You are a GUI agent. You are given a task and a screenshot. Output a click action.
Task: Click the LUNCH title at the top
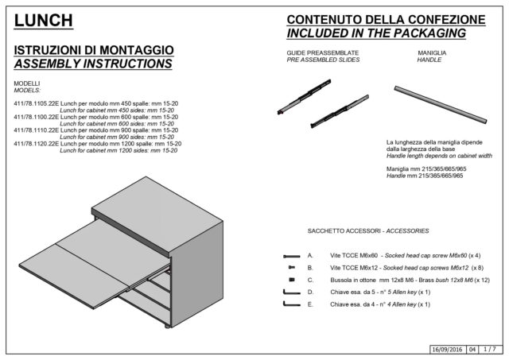point(44,21)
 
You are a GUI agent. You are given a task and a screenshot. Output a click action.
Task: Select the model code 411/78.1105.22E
point(37,104)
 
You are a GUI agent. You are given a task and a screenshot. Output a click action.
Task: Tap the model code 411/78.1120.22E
point(37,144)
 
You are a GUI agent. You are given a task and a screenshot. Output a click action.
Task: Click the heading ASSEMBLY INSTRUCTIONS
point(93,64)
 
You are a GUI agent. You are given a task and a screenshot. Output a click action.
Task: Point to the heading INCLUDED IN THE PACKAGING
point(376,33)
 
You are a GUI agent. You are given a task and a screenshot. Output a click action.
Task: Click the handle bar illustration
point(441,104)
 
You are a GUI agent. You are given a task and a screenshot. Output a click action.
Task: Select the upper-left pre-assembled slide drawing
point(304,97)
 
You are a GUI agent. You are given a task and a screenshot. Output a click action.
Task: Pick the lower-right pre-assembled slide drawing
point(340,111)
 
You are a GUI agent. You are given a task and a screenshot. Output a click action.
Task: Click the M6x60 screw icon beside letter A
point(292,256)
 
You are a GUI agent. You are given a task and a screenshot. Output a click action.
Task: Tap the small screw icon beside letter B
point(292,268)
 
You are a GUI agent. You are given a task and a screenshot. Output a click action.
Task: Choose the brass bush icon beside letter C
point(292,280)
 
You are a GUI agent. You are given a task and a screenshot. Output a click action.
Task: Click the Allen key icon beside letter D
point(292,292)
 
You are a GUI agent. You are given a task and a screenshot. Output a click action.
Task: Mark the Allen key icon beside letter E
point(292,304)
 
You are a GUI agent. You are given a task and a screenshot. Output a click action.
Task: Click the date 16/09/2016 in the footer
point(447,350)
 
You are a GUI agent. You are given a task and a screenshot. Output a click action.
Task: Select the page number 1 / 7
point(490,350)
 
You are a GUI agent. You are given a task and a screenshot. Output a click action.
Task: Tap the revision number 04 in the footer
point(472,350)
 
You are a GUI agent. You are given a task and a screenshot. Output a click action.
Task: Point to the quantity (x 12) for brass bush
point(482,281)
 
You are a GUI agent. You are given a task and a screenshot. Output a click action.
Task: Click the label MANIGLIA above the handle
point(432,53)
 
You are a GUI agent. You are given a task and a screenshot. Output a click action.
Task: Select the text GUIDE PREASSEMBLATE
point(323,53)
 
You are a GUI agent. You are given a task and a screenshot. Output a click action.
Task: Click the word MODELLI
point(27,83)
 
